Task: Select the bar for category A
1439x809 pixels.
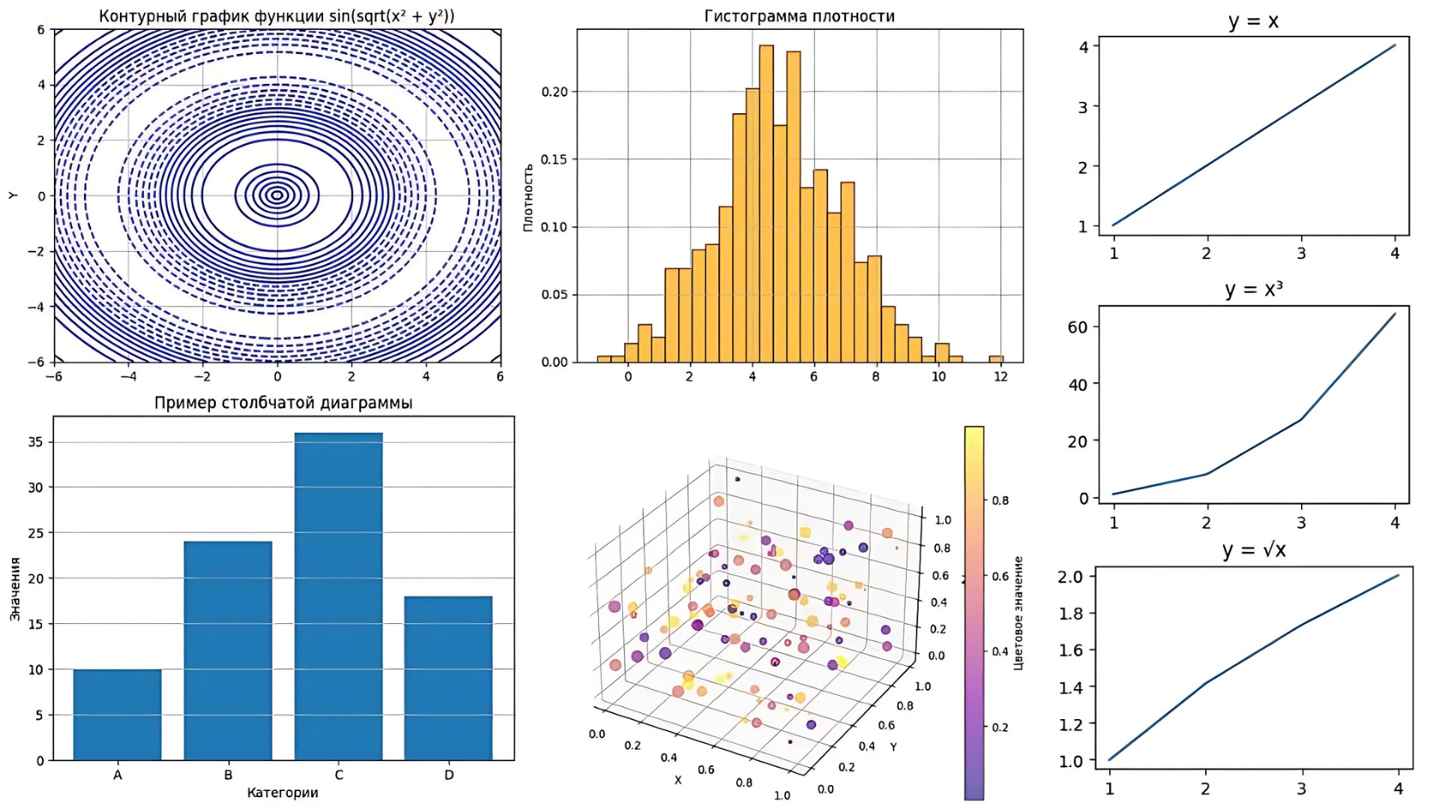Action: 117,715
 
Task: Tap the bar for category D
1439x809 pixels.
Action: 448,678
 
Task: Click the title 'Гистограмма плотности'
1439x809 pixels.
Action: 799,16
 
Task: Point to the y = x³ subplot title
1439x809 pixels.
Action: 1253,289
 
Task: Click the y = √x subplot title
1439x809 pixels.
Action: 1253,551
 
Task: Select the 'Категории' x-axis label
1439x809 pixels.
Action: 283,793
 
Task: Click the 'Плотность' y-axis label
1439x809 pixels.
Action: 528,198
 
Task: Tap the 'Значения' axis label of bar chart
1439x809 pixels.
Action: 15,589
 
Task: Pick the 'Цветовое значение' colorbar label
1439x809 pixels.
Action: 1019,613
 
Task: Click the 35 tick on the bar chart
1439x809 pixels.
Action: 35,442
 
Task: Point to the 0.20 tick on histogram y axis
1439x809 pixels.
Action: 555,92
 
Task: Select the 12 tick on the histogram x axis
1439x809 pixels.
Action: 1001,377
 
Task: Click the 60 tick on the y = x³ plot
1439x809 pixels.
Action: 1077,327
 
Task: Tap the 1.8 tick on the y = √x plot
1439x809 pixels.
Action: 1070,613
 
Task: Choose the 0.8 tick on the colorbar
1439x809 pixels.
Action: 1001,500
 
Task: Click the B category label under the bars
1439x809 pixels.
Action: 228,775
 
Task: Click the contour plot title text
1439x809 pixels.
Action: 277,16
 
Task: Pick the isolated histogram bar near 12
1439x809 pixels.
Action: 996,359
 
